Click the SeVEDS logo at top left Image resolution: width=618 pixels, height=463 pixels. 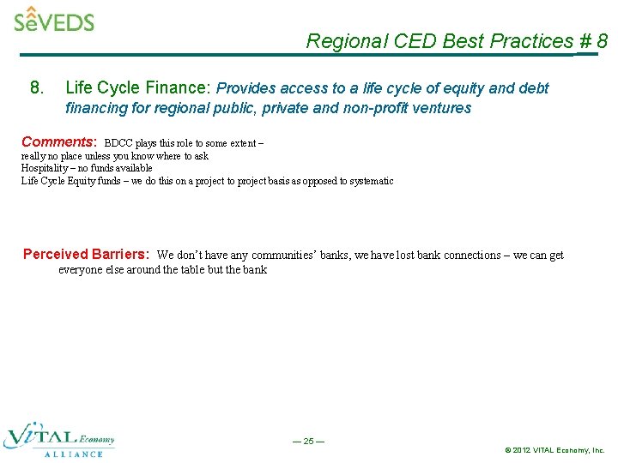pos(54,19)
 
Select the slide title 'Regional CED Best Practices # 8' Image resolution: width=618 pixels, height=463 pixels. pos(457,41)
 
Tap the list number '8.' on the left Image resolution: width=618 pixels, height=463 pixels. pos(37,87)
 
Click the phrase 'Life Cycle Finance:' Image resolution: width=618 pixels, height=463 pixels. pos(138,87)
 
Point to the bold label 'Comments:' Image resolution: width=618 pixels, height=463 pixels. pos(59,141)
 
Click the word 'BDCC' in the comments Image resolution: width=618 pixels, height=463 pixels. pos(118,143)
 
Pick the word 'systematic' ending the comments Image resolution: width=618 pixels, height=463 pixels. pos(371,181)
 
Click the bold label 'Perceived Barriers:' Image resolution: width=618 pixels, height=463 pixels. pos(86,254)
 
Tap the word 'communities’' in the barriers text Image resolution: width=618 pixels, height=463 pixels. pos(281,256)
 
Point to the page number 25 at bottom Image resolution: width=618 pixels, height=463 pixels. pos(308,442)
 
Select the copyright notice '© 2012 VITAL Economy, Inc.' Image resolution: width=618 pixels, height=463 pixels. pos(554,450)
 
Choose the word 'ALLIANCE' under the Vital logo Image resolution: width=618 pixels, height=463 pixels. pos(73,454)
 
